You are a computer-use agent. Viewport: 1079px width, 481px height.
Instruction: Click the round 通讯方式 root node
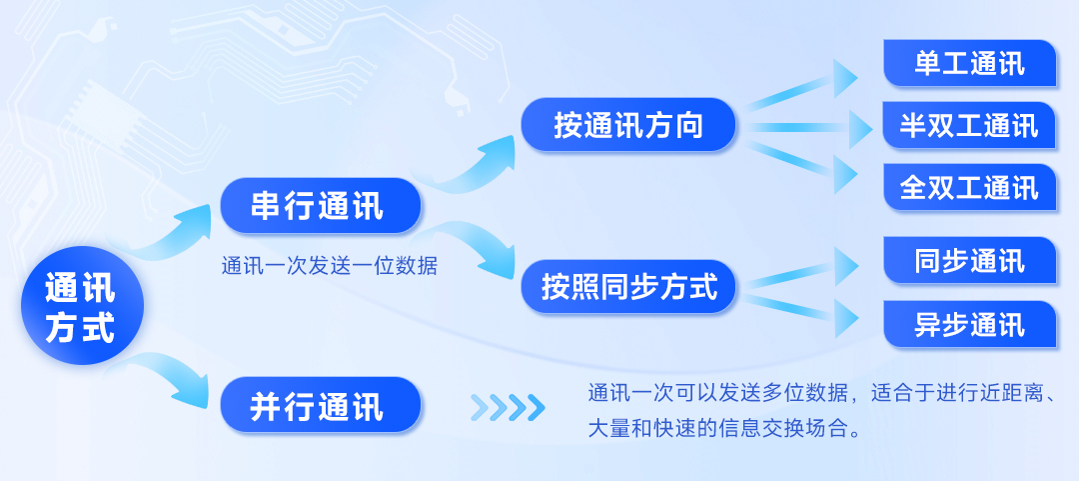[82, 305]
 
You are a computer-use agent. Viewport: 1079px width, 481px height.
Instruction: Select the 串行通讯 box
[320, 205]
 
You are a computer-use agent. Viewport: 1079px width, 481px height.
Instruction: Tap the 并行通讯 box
[320, 405]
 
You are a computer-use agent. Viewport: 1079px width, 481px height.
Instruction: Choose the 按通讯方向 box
[628, 125]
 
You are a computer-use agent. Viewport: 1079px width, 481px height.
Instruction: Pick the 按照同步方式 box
[628, 286]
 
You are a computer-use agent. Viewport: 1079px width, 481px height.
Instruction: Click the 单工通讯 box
[969, 63]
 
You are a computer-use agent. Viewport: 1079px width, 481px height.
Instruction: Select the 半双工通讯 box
[969, 125]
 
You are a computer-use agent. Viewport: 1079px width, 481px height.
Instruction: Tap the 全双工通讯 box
[969, 187]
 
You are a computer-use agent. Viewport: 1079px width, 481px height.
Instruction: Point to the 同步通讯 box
[969, 260]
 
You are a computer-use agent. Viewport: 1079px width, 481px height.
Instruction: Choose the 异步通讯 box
[969, 324]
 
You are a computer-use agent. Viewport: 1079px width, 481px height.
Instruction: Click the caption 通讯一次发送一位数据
[329, 266]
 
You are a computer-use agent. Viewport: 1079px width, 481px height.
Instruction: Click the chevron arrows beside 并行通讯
[508, 407]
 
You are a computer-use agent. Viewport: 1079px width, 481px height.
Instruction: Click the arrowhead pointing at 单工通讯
[846, 78]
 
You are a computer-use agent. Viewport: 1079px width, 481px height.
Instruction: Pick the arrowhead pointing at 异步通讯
[846, 318]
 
